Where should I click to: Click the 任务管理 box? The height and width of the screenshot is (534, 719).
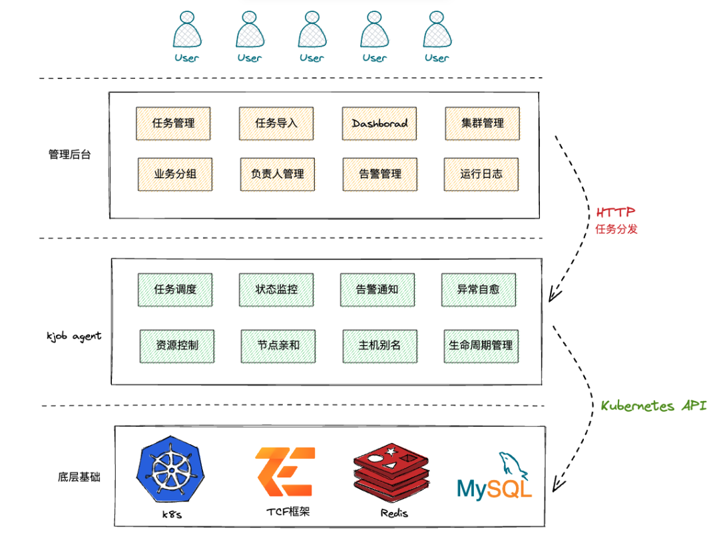click(x=173, y=123)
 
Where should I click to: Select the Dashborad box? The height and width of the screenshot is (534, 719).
click(x=379, y=123)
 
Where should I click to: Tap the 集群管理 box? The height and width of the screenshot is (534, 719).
click(x=483, y=123)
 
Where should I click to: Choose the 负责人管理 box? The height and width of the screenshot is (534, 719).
click(x=278, y=174)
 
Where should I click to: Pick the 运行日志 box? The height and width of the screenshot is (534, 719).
click(x=481, y=174)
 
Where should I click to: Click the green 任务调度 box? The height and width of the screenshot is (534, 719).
click(x=175, y=289)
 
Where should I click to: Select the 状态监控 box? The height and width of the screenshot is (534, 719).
click(x=276, y=289)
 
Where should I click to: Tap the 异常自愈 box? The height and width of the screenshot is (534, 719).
click(x=479, y=289)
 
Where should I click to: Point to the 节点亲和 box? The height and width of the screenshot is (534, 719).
click(x=278, y=346)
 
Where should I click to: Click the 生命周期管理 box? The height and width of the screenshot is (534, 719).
click(x=481, y=346)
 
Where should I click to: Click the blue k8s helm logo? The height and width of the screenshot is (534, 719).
click(x=170, y=469)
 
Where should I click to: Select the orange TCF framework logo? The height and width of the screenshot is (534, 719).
click(x=285, y=471)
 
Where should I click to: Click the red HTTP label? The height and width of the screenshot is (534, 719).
click(x=615, y=212)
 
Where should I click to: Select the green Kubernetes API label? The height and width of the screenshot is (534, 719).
click(x=654, y=406)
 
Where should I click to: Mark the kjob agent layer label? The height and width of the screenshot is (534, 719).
click(x=74, y=336)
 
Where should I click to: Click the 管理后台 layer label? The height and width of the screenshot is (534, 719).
click(x=70, y=154)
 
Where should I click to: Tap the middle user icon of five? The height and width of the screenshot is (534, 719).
click(x=312, y=29)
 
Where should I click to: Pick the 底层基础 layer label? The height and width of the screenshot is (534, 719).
click(x=79, y=477)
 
